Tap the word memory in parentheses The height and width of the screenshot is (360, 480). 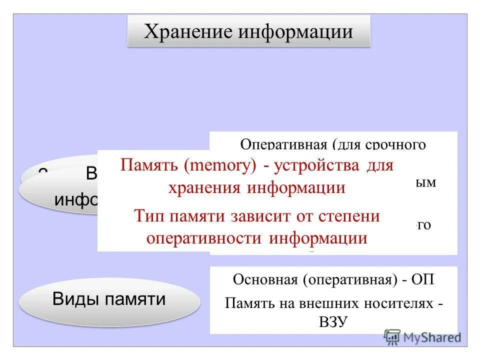click(220, 166)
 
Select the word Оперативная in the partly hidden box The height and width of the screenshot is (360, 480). click(283, 144)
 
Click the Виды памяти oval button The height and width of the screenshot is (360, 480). click(109, 299)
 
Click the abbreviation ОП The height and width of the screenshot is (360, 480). click(423, 279)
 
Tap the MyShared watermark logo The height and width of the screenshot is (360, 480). click(423, 336)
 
